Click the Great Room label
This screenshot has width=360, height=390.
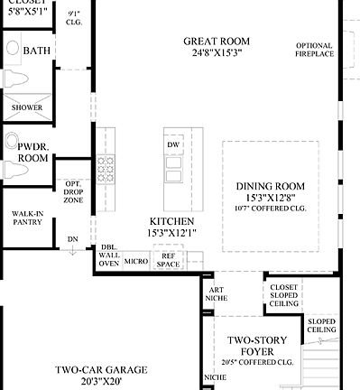pyautogui.click(x=217, y=42)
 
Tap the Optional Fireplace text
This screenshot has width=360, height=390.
pyautogui.click(x=315, y=49)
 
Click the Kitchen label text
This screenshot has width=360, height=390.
pyautogui.click(x=171, y=221)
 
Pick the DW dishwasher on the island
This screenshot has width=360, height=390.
pyautogui.click(x=173, y=144)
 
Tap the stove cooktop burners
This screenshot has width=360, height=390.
pyautogui.click(x=106, y=168)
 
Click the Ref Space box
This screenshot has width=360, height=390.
pyautogui.click(x=168, y=260)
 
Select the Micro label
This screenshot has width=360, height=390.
pyautogui.click(x=135, y=261)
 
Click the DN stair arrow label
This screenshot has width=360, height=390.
pyautogui.click(x=72, y=239)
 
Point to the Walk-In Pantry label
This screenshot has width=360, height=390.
pyautogui.click(x=26, y=218)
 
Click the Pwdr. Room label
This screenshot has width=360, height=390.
pyautogui.click(x=32, y=152)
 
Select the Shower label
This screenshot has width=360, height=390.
pyautogui.click(x=26, y=107)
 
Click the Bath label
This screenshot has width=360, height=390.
pyautogui.click(x=37, y=51)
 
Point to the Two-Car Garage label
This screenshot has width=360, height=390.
pyautogui.click(x=99, y=374)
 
